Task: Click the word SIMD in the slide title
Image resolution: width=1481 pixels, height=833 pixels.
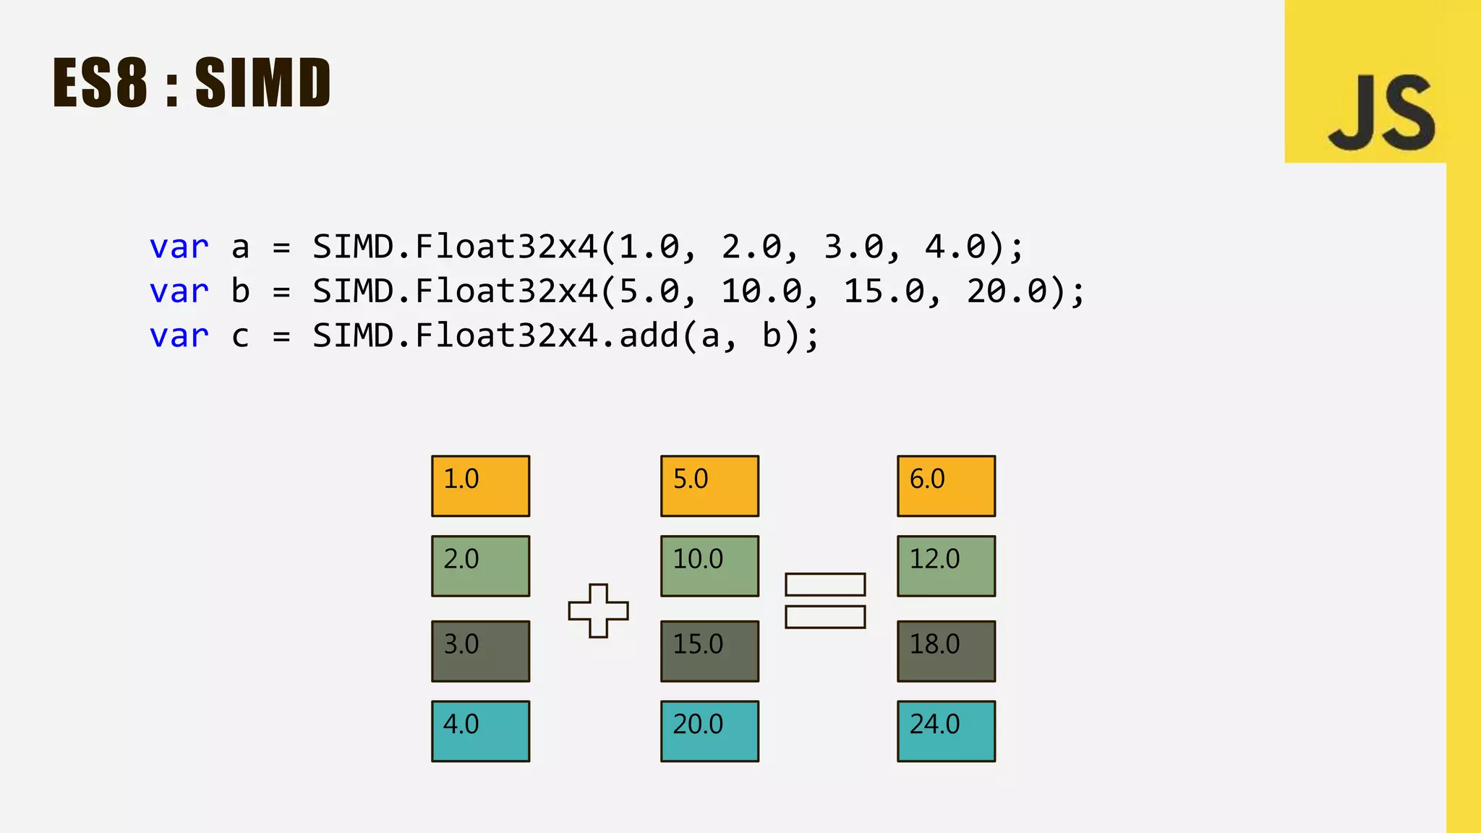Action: tap(263, 83)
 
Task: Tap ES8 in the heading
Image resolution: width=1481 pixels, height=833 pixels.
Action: tap(101, 83)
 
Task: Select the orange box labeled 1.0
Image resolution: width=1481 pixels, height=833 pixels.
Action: tap(480, 486)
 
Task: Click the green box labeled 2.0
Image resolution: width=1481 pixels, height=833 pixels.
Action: tap(480, 566)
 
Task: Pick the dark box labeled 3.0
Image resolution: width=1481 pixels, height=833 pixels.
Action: tap(480, 651)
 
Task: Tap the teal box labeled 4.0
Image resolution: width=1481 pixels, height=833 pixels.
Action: tap(480, 731)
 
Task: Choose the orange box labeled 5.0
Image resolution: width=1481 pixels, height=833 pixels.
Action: tap(709, 486)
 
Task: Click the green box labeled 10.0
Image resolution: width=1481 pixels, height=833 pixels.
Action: tap(709, 566)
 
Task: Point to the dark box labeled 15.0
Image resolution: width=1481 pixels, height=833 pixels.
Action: tap(709, 651)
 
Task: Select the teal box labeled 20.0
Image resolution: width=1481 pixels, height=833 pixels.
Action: tap(709, 731)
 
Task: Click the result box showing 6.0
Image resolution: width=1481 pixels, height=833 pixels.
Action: tap(946, 486)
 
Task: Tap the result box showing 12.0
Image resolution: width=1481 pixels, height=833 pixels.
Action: tap(946, 566)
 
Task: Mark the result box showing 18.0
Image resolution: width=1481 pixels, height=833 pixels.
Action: tap(946, 651)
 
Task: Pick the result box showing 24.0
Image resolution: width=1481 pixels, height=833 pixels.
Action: tap(946, 731)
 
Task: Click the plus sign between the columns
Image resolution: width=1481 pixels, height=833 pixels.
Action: tap(598, 611)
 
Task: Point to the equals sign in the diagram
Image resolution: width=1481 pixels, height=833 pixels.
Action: tap(825, 601)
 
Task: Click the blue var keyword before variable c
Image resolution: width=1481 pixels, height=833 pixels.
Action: tap(179, 336)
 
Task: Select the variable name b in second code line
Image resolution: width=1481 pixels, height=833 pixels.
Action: tap(241, 291)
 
